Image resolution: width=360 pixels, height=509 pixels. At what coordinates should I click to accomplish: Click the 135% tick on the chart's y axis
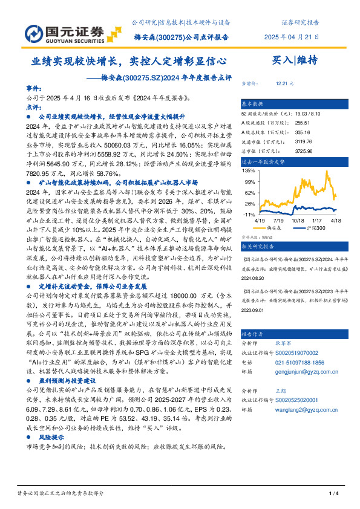click(249, 171)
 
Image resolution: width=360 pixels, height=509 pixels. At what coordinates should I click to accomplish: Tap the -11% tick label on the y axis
click(249, 214)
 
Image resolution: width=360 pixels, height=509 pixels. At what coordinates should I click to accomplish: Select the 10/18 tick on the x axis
click(298, 221)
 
